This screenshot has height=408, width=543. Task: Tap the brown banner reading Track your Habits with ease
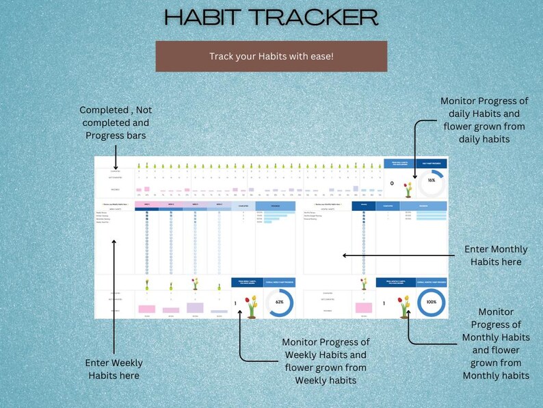point(271,56)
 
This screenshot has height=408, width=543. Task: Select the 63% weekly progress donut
point(279,302)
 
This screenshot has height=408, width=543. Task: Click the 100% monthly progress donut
point(431,302)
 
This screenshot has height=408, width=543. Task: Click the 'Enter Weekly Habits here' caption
point(114,369)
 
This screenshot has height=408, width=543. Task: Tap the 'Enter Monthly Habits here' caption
point(496,255)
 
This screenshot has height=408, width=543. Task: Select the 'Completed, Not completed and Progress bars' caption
point(116,122)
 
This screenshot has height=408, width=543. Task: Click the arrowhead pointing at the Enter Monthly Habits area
point(345,255)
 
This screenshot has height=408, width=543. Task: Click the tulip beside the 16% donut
point(408,188)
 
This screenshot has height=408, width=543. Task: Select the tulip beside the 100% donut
point(404,307)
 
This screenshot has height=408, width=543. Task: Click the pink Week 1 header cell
point(146,204)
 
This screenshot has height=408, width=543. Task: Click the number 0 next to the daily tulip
point(391,183)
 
